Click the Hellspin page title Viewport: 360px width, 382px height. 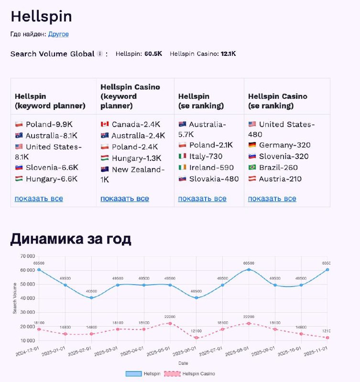(41, 17)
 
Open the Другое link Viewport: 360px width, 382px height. (58, 34)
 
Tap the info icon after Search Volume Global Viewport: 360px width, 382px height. (99, 54)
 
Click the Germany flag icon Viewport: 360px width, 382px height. (252, 145)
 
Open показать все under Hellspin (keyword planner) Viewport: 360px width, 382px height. (39, 199)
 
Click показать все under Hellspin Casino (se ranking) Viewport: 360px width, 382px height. (272, 199)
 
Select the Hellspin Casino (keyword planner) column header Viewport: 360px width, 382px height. (130, 96)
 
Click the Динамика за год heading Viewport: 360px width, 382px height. (71, 239)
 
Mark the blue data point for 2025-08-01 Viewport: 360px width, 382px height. (249, 270)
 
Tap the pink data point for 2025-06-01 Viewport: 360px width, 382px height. (196, 338)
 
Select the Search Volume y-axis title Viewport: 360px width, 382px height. (15, 298)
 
